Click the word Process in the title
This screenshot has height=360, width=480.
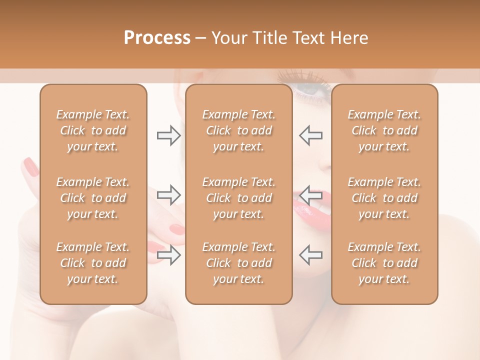(157, 38)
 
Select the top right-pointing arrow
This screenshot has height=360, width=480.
(168, 135)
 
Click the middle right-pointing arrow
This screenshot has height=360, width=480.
(168, 194)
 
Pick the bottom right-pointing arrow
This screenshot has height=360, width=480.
(168, 254)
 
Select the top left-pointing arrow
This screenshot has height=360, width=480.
(310, 135)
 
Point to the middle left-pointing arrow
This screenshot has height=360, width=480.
(310, 194)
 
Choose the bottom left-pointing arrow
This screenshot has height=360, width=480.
(310, 254)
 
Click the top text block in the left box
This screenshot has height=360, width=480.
(93, 130)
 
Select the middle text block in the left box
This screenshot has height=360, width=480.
(93, 198)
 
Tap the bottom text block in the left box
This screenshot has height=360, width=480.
(93, 263)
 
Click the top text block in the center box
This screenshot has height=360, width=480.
(238, 130)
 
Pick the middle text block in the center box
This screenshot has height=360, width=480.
(238, 198)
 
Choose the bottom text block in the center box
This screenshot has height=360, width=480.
(238, 263)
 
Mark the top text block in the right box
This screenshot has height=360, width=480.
(384, 130)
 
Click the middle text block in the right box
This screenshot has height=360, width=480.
(384, 198)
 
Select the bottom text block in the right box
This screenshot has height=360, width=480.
(384, 263)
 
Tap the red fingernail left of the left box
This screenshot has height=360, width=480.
(31, 167)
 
